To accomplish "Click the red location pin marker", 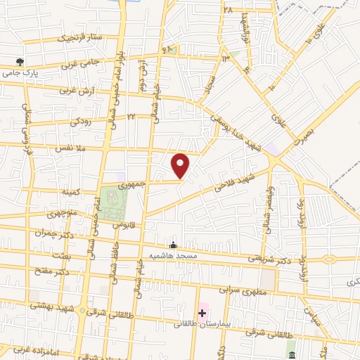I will [x=181, y=165].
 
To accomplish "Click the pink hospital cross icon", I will [x=203, y=312].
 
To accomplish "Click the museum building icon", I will [x=291, y=349].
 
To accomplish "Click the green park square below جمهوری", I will [x=113, y=203].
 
